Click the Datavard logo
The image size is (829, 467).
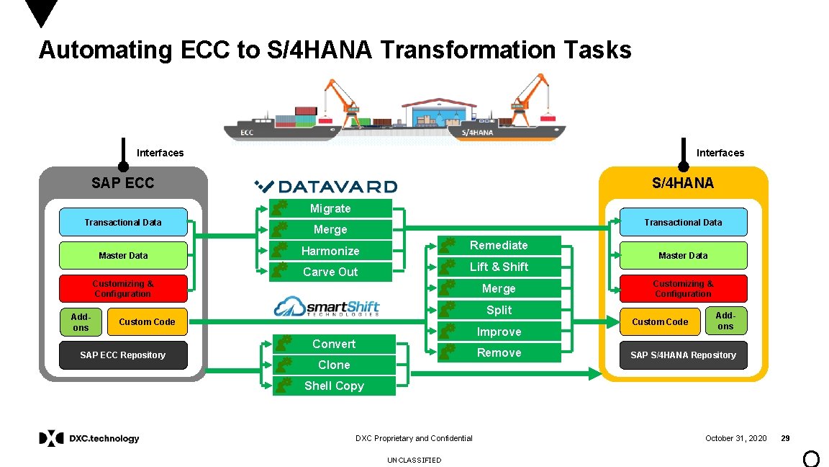click(x=325, y=187)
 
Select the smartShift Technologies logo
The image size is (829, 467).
click(x=327, y=307)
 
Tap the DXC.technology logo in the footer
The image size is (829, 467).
click(x=89, y=438)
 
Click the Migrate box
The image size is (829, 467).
click(x=331, y=208)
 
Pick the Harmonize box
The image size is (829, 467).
click(x=331, y=251)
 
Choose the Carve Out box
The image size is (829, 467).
click(x=331, y=272)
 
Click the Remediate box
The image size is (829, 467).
click(x=499, y=245)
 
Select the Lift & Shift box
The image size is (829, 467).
click(x=499, y=267)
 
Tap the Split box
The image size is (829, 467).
click(x=499, y=310)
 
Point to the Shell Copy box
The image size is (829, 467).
click(x=334, y=386)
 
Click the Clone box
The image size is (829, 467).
click(x=334, y=365)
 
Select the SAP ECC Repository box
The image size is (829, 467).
click(x=123, y=355)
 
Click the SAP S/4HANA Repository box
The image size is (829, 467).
click(x=683, y=355)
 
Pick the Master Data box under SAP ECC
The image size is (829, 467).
click(x=123, y=255)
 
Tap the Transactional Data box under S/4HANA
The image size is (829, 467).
click(x=683, y=222)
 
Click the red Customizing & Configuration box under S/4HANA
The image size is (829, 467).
click(x=683, y=288)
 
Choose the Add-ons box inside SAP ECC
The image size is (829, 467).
click(x=81, y=321)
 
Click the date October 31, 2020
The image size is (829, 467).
click(x=735, y=438)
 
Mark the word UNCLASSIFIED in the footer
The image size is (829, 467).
click(x=414, y=460)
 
